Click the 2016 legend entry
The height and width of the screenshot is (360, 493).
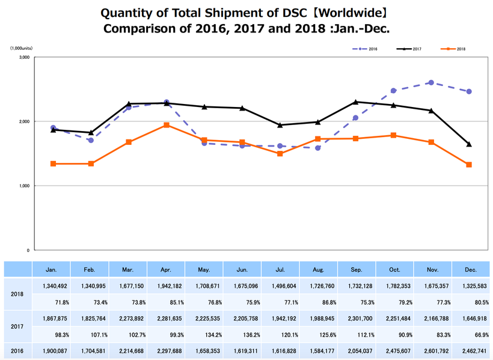pos(366,48)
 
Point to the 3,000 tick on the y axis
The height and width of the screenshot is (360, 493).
pos(25,58)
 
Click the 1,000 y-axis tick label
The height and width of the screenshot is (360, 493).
pos(25,186)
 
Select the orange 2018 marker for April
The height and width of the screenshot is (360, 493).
pos(167,125)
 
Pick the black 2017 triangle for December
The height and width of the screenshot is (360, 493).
pos(469,144)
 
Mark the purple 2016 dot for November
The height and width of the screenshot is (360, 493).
pos(431,82)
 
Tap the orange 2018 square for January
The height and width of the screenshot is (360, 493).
pos(54,163)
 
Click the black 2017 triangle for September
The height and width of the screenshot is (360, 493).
pos(356,102)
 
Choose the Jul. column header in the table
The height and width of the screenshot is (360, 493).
pos(280,269)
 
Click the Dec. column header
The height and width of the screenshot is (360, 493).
pos(470,269)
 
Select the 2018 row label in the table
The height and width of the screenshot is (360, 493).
pos(17,294)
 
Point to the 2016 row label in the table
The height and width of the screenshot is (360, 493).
pos(17,350)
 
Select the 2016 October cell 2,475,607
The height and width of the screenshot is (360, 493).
pos(394,350)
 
